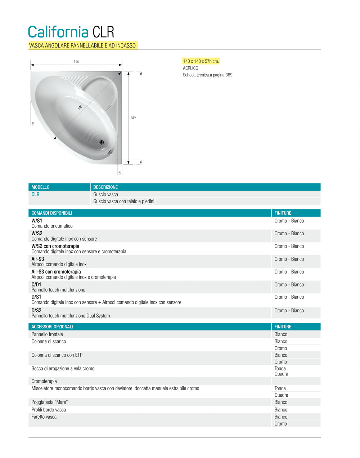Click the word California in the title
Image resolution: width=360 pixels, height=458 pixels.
[x=58, y=32]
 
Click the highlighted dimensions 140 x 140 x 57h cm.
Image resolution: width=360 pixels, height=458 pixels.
[x=201, y=61]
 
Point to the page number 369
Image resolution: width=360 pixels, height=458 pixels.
[x=229, y=75]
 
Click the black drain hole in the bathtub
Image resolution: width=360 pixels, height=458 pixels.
[x=102, y=142]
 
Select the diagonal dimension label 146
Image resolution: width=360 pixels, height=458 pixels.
[x=80, y=107]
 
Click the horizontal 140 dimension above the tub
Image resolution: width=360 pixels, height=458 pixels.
[x=76, y=61]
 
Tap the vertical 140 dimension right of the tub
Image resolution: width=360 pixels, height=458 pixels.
[x=133, y=118]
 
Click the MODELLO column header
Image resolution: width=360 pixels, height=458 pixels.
[x=40, y=187]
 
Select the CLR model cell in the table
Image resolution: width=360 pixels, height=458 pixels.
[x=36, y=194]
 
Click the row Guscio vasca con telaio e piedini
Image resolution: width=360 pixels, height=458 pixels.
[x=124, y=201]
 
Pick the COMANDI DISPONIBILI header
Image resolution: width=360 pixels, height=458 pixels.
[x=51, y=213]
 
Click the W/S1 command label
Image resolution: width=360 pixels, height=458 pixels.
[x=37, y=221]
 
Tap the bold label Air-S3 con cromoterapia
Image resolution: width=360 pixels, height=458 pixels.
[x=56, y=272]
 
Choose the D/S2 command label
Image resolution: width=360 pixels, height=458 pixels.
[x=36, y=310]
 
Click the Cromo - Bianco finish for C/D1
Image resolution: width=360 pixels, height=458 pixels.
[x=289, y=285]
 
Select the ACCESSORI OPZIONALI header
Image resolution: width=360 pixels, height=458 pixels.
[x=52, y=326]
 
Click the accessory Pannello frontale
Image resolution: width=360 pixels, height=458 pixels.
[x=47, y=334]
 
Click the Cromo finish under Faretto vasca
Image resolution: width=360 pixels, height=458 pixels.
[x=281, y=424]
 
